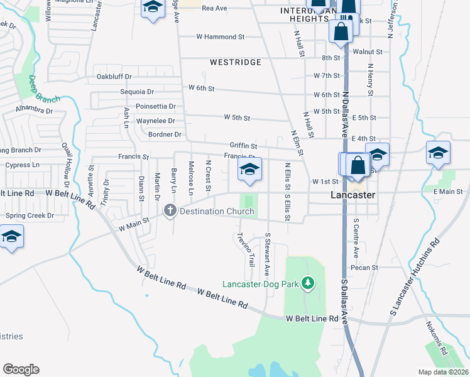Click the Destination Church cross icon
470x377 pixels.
coord(170,210)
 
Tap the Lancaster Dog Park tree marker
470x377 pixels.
coord(307,284)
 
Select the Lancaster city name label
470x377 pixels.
coord(352,195)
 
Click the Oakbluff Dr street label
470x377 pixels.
coord(114,77)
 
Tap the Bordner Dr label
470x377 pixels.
coord(165,134)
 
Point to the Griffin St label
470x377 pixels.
coord(243,145)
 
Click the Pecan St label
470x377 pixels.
coord(364,267)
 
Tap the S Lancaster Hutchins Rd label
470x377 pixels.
coord(414,277)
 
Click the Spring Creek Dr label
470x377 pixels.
coord(30,216)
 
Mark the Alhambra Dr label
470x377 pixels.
coord(35,110)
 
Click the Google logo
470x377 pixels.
coord(21,369)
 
